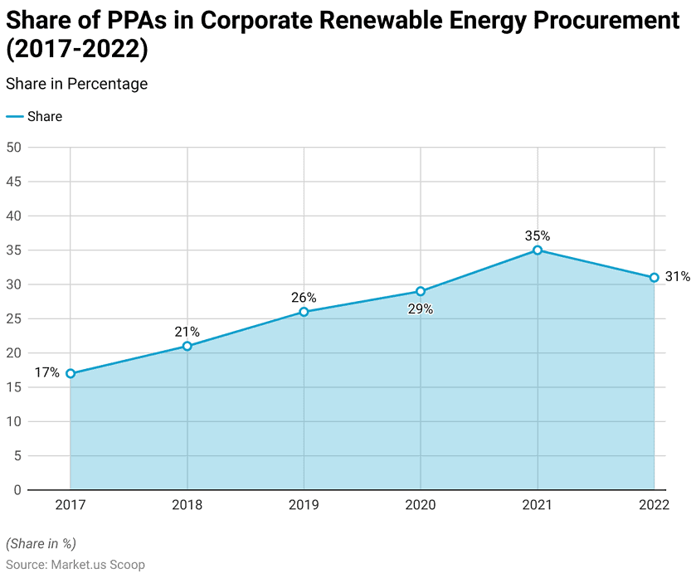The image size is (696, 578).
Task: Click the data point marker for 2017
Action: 71,373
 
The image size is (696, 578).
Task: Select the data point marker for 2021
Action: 538,250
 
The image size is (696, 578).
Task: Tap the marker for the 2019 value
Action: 304,312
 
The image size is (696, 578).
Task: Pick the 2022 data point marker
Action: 654,278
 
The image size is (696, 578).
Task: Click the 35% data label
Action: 538,236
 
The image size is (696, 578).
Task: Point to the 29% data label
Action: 421,309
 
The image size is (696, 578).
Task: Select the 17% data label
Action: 47,373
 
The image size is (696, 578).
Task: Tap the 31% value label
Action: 678,277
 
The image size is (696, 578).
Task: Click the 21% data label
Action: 187,332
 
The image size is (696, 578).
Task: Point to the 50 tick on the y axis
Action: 13,148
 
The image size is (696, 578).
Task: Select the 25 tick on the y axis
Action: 13,318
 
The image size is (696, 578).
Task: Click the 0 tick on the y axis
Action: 17,490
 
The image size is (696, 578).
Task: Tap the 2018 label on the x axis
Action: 187,505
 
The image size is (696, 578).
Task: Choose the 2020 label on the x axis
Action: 421,505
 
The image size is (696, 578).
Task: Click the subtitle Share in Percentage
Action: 76,84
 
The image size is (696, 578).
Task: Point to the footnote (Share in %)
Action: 41,544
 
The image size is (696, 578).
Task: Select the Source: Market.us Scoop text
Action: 75,565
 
